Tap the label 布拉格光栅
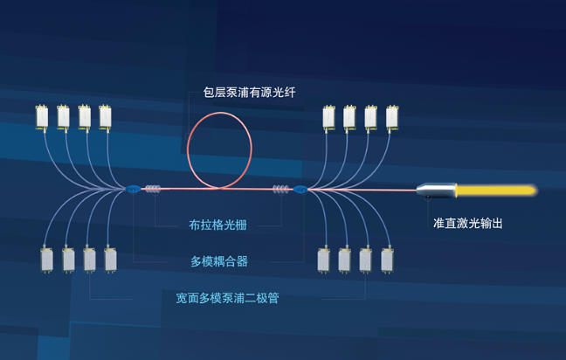tap(217, 225)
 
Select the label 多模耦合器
tap(218, 260)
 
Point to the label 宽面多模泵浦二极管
tap(227, 298)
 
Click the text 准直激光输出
tap(467, 223)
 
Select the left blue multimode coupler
tap(133, 189)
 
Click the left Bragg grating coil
tap(154, 189)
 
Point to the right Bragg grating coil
tap(281, 189)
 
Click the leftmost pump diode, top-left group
tap(41, 116)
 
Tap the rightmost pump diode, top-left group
tap(106, 116)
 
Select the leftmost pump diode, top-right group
tap(328, 117)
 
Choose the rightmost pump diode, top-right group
tap(392, 117)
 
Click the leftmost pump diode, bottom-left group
tap(47, 260)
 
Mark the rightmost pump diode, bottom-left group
tap(111, 260)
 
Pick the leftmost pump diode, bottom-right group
tap(323, 260)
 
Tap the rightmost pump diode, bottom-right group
tap(387, 260)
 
